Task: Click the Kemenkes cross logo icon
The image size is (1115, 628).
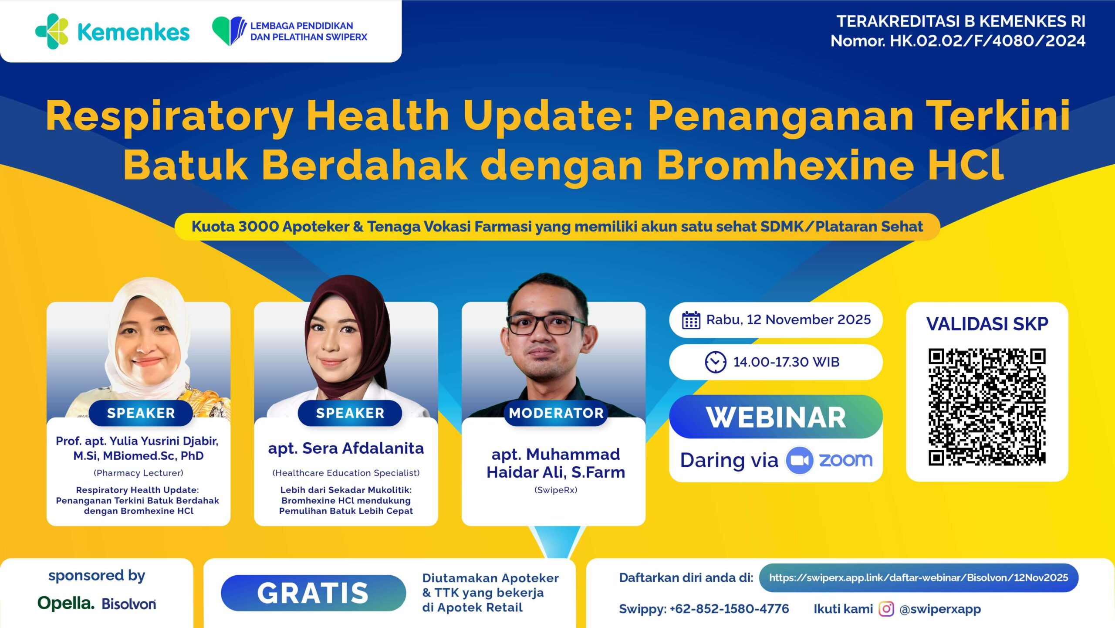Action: pyautogui.click(x=52, y=31)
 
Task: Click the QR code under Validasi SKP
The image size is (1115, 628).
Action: pyautogui.click(x=987, y=407)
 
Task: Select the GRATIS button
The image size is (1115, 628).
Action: pyautogui.click(x=313, y=593)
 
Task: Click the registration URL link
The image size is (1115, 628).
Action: pyautogui.click(x=919, y=577)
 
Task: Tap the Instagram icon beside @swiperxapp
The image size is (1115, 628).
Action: pyautogui.click(x=886, y=609)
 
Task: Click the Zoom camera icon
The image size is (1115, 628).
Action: pyautogui.click(x=799, y=460)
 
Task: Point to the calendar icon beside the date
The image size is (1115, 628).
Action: pyautogui.click(x=691, y=320)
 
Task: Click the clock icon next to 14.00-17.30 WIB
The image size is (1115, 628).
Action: pyautogui.click(x=716, y=362)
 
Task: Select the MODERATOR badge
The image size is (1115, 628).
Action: pyautogui.click(x=556, y=413)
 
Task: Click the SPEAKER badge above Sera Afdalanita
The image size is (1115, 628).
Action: pyautogui.click(x=350, y=413)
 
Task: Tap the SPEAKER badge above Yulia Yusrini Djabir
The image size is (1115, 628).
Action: pyautogui.click(x=141, y=413)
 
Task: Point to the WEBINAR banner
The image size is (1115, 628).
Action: pyautogui.click(x=776, y=417)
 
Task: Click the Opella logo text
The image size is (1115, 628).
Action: pyautogui.click(x=66, y=603)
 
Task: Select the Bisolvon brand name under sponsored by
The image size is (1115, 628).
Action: pyautogui.click(x=129, y=604)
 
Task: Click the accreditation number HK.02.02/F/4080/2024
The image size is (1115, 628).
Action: pyautogui.click(x=987, y=41)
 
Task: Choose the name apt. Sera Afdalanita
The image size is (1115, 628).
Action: pyautogui.click(x=346, y=448)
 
